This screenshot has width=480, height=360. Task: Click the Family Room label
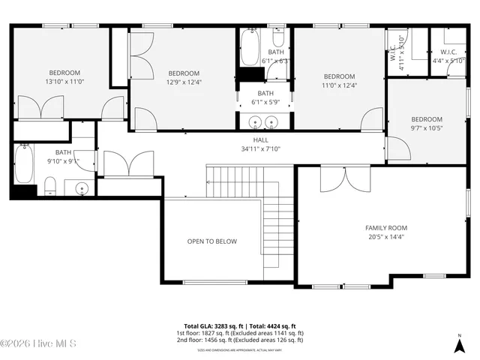[x=386, y=228]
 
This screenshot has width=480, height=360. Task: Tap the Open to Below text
[x=211, y=241]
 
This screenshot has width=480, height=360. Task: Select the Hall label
[x=260, y=139]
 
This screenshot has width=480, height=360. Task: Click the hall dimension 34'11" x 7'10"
[x=260, y=148]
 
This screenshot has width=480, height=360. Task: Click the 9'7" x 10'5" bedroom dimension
[x=427, y=128]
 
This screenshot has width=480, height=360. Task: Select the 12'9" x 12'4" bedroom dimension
[x=184, y=82]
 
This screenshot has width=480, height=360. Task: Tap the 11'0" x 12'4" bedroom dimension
[x=339, y=85]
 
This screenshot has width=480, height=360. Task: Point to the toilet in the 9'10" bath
[x=50, y=184]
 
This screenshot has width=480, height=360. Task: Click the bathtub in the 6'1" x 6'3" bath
[x=249, y=49]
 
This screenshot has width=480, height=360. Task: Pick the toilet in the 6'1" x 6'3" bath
[x=277, y=39]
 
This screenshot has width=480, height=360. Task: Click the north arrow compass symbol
[x=459, y=344]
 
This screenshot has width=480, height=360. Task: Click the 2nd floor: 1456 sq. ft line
[x=240, y=340]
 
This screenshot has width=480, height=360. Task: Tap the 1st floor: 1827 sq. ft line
[x=240, y=333]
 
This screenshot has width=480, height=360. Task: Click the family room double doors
[x=334, y=179]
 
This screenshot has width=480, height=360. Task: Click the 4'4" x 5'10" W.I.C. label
[x=448, y=56]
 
